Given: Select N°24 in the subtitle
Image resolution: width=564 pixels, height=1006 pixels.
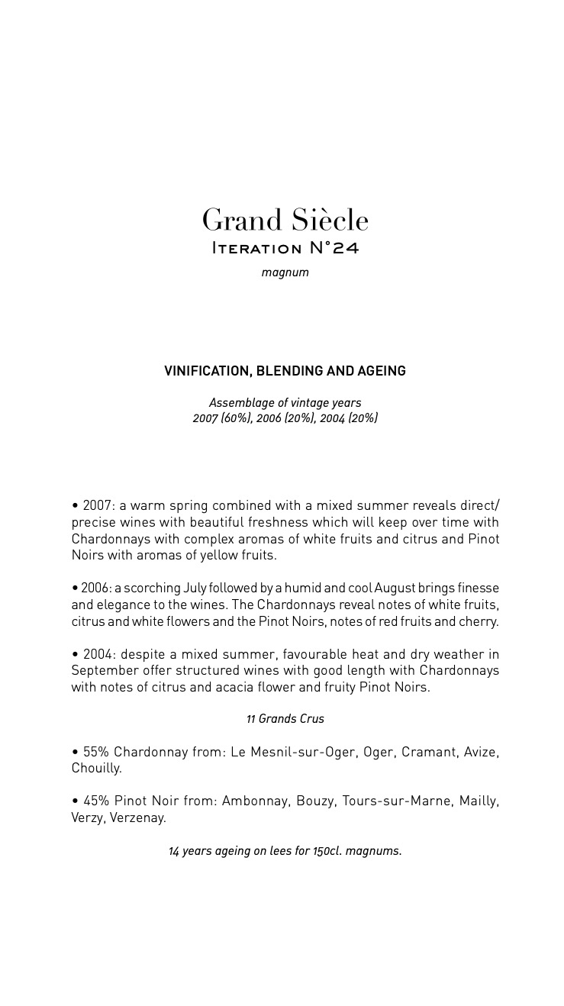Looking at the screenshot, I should (331, 248).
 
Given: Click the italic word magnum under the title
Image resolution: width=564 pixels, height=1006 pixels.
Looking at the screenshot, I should (285, 272).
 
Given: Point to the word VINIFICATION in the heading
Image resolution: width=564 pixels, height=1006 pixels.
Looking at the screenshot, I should (207, 372).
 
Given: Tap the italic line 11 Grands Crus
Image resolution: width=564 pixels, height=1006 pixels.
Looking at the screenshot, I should (285, 719).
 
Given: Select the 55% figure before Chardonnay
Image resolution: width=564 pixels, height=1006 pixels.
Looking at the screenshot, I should (96, 752).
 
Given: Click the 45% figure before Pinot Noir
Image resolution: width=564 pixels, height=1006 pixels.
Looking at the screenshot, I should (96, 801).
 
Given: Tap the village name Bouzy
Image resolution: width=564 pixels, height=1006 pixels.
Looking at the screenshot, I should (314, 801).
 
